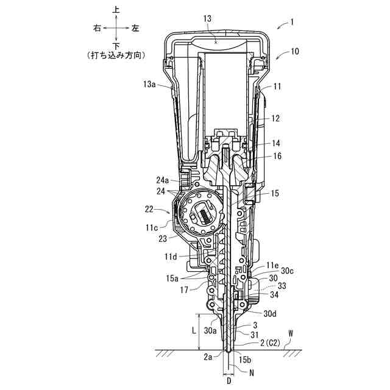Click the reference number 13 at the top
click(x=207, y=19)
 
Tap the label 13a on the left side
click(x=149, y=84)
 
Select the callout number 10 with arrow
click(x=294, y=51)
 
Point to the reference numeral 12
click(x=275, y=118)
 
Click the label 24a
click(x=163, y=180)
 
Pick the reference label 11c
click(x=152, y=227)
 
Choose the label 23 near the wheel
click(x=163, y=239)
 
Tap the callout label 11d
click(x=171, y=256)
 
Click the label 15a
click(x=172, y=278)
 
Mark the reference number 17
click(x=184, y=290)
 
